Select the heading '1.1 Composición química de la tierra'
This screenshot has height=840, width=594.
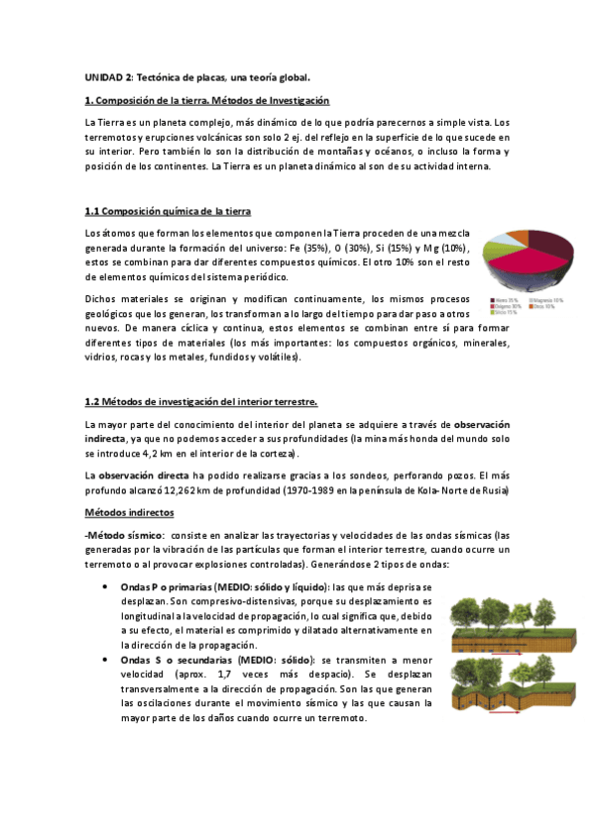click(168, 211)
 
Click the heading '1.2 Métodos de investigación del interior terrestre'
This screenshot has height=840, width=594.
click(200, 401)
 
